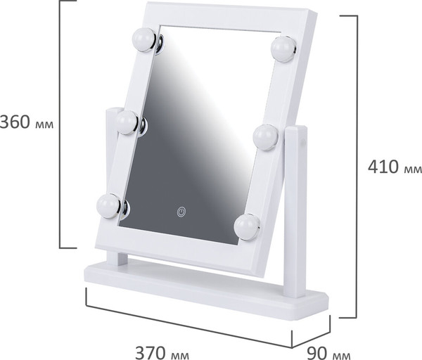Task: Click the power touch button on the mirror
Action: pos(181,212)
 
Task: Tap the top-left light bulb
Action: pos(144,39)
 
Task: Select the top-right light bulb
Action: pos(283,49)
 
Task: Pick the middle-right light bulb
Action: pos(266,137)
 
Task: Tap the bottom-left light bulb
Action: pos(108,206)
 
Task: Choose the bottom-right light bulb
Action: pos(247,227)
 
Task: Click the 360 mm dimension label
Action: pos(27,122)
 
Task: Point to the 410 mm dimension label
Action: pos(395,167)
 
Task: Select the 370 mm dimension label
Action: pos(162,352)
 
